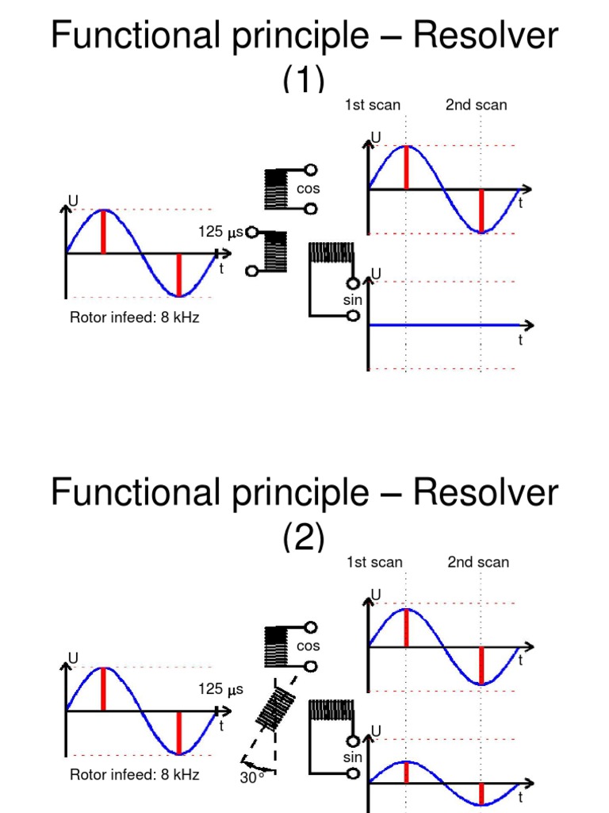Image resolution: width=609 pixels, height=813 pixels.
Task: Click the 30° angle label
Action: (x=252, y=778)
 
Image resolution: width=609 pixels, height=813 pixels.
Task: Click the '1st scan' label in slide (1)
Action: (x=372, y=105)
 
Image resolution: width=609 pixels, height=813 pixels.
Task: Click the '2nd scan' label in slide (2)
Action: (x=478, y=562)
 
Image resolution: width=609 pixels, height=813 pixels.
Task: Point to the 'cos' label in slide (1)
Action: (x=308, y=189)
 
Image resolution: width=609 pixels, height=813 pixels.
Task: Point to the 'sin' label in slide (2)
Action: (x=353, y=757)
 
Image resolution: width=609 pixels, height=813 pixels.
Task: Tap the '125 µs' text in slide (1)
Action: (x=221, y=233)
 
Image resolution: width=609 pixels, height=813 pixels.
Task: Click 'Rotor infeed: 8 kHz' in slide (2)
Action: (x=134, y=775)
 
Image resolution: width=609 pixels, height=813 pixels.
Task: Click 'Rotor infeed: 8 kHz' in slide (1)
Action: (x=134, y=318)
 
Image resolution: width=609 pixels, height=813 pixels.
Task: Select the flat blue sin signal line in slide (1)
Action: (x=444, y=325)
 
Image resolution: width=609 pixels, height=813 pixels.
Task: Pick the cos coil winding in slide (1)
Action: (x=275, y=189)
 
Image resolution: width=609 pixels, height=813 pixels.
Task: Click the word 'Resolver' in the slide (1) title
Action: (x=485, y=36)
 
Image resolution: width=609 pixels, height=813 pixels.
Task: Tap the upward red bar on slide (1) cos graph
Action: (x=406, y=168)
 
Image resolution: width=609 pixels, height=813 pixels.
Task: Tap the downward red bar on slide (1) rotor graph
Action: (x=179, y=275)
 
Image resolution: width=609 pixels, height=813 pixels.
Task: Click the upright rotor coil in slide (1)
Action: (x=275, y=252)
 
